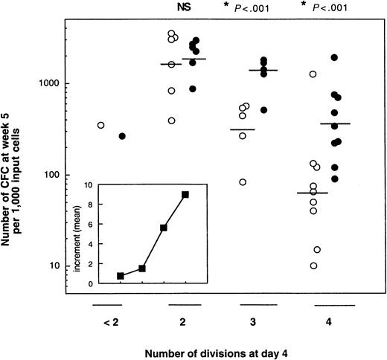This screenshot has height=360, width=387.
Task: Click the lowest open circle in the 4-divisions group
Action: click(313, 266)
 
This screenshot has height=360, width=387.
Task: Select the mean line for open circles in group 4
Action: click(313, 193)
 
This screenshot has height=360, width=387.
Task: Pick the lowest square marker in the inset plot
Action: click(121, 276)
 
